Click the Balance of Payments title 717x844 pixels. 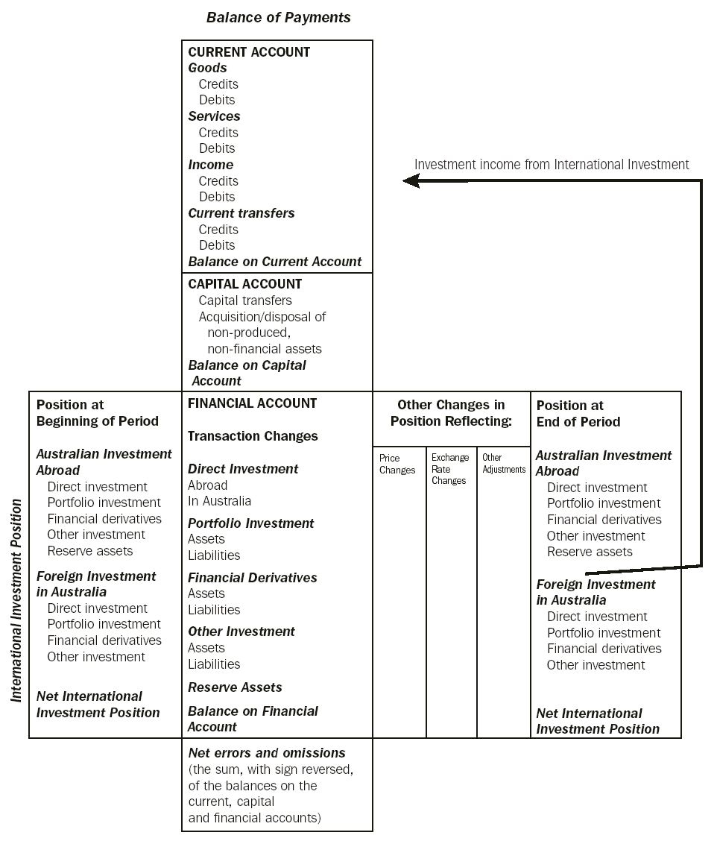click(x=278, y=17)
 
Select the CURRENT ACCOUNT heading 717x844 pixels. click(x=249, y=52)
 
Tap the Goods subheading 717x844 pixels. click(x=207, y=68)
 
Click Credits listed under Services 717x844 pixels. click(x=218, y=133)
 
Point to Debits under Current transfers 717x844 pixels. click(x=217, y=245)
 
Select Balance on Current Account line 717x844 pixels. click(x=274, y=262)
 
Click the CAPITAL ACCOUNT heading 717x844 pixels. click(x=244, y=284)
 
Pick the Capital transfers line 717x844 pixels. click(x=245, y=300)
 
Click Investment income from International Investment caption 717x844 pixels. click(x=552, y=164)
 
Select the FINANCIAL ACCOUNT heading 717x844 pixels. click(x=252, y=403)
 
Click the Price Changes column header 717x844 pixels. click(x=397, y=464)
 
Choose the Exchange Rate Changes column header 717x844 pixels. click(x=450, y=469)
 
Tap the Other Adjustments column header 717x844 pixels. click(x=504, y=463)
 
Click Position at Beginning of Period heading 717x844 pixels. click(x=97, y=413)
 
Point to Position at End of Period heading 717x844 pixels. click(x=578, y=413)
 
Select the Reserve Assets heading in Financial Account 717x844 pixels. click(x=235, y=687)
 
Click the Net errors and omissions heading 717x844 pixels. click(x=267, y=753)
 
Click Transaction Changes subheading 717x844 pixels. click(x=253, y=436)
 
